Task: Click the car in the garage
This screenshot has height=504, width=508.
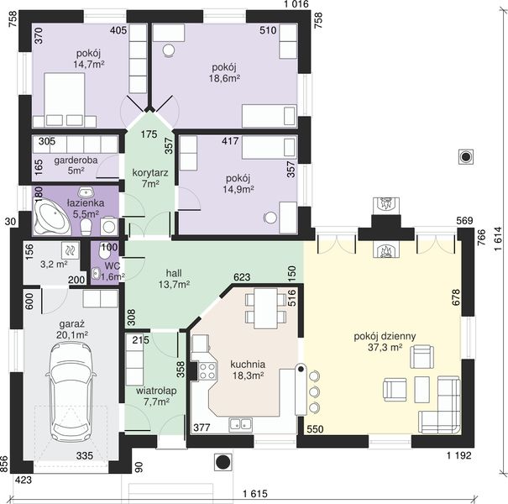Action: point(71,391)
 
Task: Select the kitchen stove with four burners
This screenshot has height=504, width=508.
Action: point(207,370)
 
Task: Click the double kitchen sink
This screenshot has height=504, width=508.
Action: point(241,425)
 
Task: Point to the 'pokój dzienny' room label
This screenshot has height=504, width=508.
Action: point(385,337)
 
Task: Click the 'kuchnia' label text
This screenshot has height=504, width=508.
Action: point(248,365)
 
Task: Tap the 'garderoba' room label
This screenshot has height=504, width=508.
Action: point(76,160)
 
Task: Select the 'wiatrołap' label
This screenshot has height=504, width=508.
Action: point(156,391)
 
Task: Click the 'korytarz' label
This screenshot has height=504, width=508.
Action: point(150,173)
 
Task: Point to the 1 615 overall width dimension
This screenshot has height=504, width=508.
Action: point(255,494)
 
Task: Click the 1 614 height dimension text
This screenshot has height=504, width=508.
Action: point(498,239)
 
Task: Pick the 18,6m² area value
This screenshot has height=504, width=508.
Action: point(226,78)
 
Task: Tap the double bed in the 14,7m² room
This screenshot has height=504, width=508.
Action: point(65,99)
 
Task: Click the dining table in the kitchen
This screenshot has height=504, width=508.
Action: point(265,308)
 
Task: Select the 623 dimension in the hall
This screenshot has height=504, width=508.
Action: point(242,277)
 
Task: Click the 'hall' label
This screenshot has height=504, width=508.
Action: point(174,273)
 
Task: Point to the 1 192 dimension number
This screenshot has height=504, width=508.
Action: point(459,455)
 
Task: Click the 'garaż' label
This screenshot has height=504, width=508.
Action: point(72,324)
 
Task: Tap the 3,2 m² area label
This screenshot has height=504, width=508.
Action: point(54,264)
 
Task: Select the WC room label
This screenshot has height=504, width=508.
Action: point(113,266)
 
